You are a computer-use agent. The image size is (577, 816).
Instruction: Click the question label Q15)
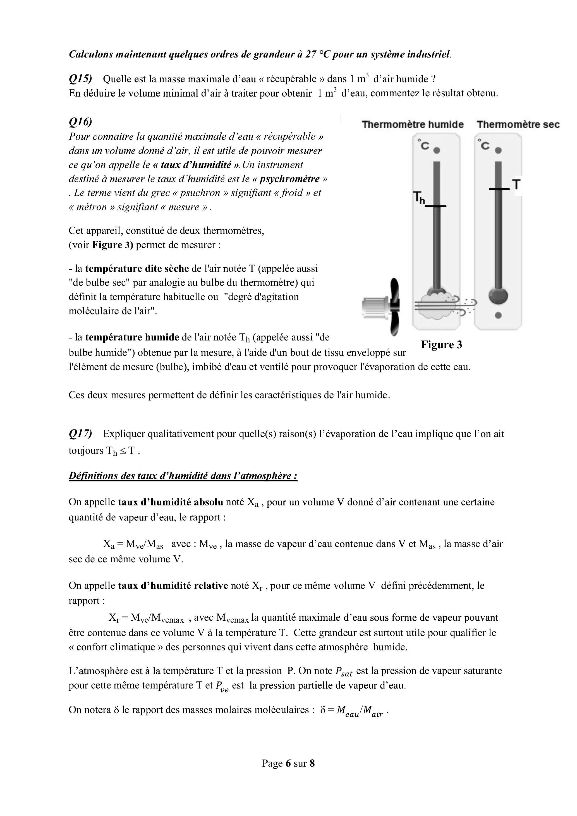click(80, 78)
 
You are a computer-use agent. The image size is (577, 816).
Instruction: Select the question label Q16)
click(80, 122)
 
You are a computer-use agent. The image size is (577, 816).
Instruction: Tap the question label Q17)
click(80, 434)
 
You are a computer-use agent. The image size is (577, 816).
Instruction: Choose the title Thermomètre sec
click(518, 124)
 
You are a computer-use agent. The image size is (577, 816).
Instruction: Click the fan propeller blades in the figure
click(394, 306)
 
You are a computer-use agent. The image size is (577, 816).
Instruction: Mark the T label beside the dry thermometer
click(516, 185)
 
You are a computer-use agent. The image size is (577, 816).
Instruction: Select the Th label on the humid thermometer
click(419, 198)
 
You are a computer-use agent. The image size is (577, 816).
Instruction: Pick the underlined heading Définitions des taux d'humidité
click(183, 476)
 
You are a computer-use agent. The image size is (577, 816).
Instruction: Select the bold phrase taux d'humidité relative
click(173, 585)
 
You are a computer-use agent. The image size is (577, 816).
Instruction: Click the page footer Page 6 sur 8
click(288, 763)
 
